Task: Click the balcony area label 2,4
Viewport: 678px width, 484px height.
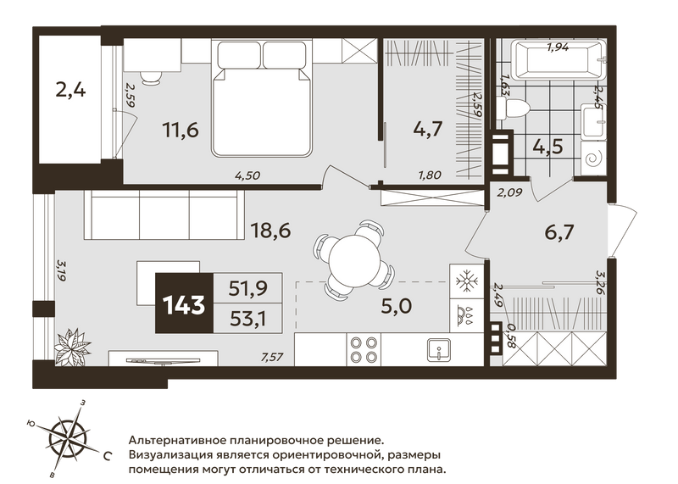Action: point(70,92)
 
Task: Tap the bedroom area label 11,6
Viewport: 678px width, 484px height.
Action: point(181,130)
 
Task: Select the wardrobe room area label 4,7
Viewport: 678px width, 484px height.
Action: point(428,129)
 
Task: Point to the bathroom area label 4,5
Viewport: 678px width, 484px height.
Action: point(547,147)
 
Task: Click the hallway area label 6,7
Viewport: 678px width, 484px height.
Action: point(559,233)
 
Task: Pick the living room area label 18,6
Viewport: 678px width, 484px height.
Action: point(270,231)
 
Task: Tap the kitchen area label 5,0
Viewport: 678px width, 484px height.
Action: point(397,306)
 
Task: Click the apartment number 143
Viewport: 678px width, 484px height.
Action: point(184,305)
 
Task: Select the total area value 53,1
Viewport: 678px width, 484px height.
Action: point(248,320)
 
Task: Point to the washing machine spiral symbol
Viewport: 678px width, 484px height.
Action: point(593,159)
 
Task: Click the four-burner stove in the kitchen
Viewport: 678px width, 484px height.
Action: point(364,349)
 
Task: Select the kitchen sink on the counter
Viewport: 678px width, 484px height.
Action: point(438,349)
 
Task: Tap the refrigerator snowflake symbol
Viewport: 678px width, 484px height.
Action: point(467,281)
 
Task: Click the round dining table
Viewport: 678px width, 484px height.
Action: point(354,259)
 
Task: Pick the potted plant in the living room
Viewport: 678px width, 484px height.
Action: point(72,346)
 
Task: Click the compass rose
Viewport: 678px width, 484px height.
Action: point(69,437)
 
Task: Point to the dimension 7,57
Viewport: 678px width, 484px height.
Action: point(272,357)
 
